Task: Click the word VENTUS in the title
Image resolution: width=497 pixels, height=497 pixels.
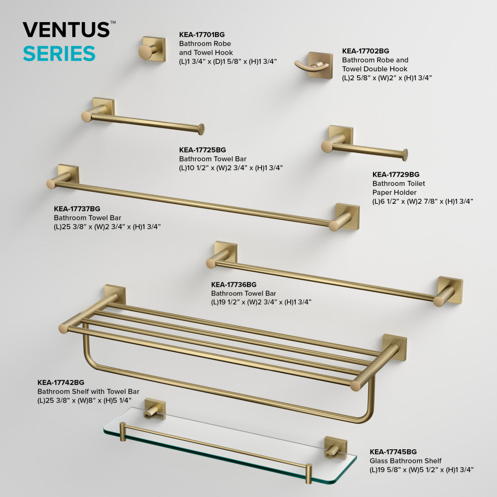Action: [67, 30]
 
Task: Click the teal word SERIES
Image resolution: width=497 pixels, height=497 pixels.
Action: [59, 53]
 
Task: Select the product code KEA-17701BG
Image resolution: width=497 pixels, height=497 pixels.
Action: [202, 35]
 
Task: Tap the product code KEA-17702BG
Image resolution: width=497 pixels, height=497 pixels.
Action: [365, 51]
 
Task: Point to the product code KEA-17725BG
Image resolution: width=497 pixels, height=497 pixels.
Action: [202, 150]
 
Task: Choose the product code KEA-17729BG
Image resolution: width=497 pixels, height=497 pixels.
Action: [396, 175]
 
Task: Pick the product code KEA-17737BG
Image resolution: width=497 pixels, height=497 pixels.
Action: [77, 209]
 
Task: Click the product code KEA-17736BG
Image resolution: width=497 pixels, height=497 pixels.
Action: [234, 285]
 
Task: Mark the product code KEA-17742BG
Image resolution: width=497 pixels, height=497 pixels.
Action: [61, 383]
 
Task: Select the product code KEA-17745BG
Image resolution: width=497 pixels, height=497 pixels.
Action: [393, 452]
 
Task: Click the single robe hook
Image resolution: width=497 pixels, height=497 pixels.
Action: [152, 49]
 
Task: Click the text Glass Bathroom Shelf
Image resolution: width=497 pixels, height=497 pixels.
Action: [406, 461]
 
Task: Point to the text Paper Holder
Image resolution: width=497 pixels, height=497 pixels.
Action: [394, 192]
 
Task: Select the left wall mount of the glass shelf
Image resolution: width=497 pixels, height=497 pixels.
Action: [155, 409]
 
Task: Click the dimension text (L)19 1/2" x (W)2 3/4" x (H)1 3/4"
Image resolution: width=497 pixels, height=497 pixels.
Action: [261, 302]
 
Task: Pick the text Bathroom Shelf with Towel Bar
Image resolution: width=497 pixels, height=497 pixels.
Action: [88, 392]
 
